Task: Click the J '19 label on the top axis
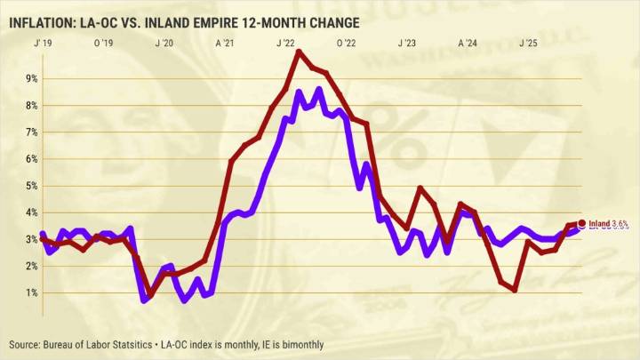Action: pos(41,43)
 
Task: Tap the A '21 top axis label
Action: pos(224,43)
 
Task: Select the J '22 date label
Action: pos(285,43)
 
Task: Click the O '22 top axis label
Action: pos(346,43)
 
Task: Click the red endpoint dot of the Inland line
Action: pos(582,223)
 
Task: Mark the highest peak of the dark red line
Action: pos(298,52)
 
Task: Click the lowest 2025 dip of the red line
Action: pos(515,290)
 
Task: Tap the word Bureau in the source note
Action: pos(64,344)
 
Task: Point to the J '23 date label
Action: pos(407,43)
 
